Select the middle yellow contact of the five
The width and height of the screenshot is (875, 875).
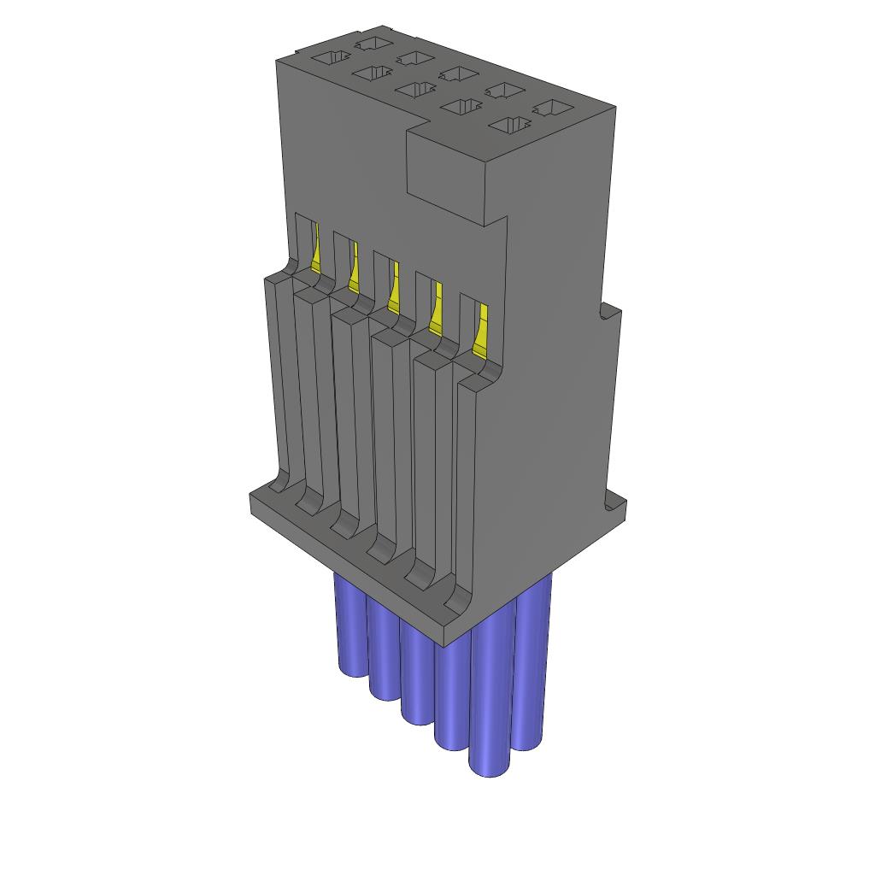tap(394, 291)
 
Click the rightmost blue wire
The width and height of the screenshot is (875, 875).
tap(531, 667)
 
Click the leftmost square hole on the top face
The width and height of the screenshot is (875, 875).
tap(331, 58)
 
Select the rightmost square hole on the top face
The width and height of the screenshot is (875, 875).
tap(553, 109)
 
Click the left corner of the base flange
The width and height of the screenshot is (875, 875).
tap(251, 504)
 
